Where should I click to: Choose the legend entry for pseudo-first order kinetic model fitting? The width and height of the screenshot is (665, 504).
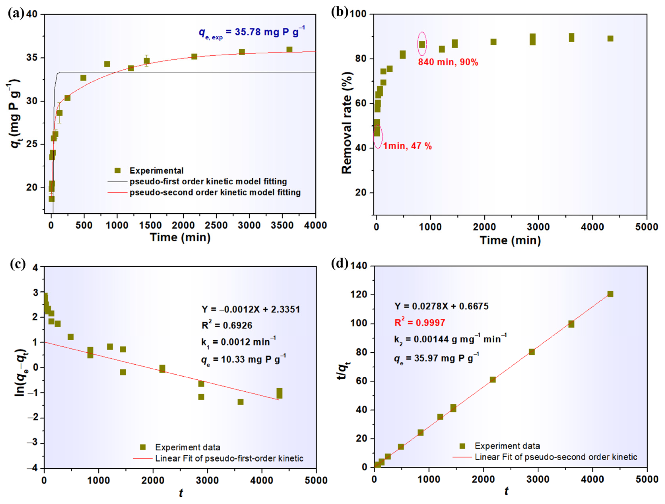tap(208, 182)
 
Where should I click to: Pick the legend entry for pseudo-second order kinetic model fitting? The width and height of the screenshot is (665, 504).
tap(215, 192)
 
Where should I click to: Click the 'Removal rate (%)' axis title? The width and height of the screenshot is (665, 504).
tap(347, 123)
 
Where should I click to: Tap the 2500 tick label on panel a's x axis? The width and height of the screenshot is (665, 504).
tap(216, 225)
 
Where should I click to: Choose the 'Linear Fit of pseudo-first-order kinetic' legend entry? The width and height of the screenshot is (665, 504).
tap(229, 458)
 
